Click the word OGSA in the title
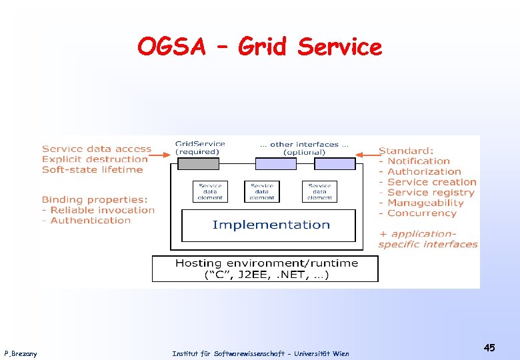click(171, 47)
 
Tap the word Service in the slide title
click(340, 47)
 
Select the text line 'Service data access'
click(97, 149)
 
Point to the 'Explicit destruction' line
click(95, 159)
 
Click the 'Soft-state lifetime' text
click(92, 170)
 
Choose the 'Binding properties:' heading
click(95, 199)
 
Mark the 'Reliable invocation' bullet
click(102, 210)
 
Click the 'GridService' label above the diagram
click(200, 143)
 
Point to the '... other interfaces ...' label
click(304, 144)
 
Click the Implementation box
click(271, 225)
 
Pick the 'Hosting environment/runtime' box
click(265, 269)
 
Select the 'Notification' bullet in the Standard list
click(418, 161)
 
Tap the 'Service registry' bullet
click(430, 193)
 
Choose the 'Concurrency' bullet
click(421, 213)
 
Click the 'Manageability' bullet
click(425, 203)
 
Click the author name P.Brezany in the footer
click(21, 353)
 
